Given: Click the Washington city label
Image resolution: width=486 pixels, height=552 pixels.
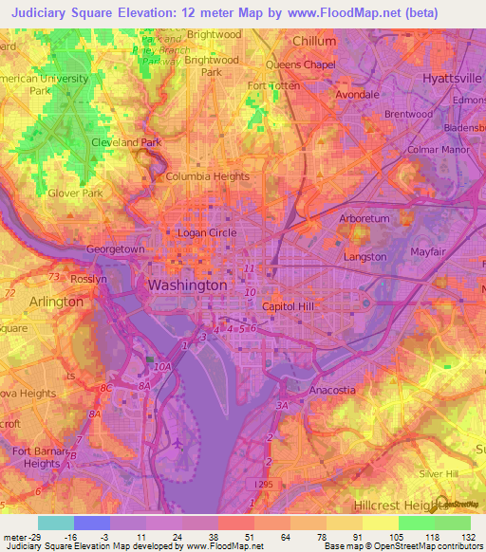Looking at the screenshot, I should tap(187, 285).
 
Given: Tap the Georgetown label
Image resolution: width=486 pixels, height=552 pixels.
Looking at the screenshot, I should tap(116, 249).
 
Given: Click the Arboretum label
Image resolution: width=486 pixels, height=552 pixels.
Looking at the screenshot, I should tap(364, 218).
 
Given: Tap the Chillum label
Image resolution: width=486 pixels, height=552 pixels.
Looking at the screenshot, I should tap(314, 42).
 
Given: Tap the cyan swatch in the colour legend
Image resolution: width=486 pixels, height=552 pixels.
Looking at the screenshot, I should tap(56, 523).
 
